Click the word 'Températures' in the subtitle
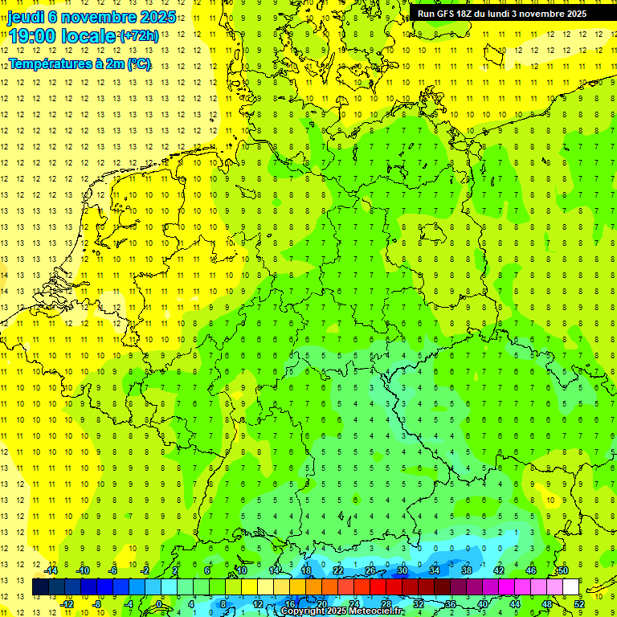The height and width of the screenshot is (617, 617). pos(50,63)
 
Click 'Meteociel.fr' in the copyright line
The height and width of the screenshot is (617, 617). pos(375,611)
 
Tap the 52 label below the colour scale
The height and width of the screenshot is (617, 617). pos(579,604)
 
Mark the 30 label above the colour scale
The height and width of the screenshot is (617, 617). pos(402,570)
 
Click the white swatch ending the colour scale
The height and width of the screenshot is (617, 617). pos(571,587)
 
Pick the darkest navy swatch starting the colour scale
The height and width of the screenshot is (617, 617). pos(41,587)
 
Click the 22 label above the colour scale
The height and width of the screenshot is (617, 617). pos(338,570)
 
